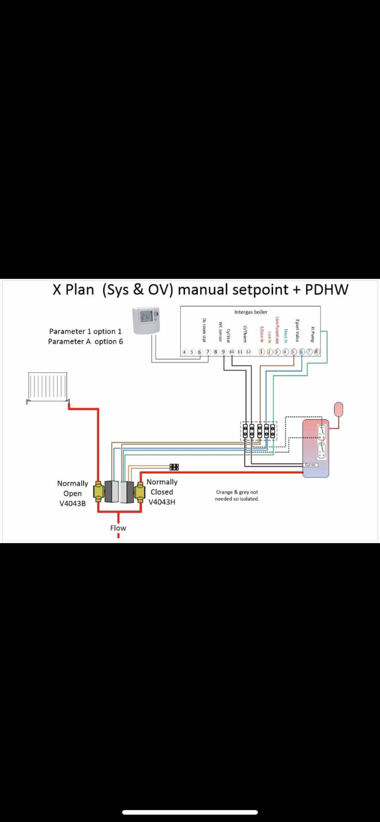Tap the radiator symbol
pos(48,386)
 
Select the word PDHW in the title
pos(327,289)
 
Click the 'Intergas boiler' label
pos(251,312)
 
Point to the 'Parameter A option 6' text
pos(85,341)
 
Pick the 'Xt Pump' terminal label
pos(312,334)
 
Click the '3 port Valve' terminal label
pos(297,330)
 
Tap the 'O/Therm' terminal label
pos(245,334)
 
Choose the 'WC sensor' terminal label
pos(220,332)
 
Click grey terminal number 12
pos(249,352)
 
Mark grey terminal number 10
pos(232,352)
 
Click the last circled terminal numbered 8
pos(316,352)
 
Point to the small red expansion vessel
pos(338,409)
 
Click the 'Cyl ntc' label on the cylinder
pos(311,465)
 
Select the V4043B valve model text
pos(72,503)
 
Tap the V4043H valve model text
pos(162,502)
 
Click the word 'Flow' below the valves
pos(118,528)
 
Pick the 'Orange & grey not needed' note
pos(237,495)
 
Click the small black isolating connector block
pos(174,467)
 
